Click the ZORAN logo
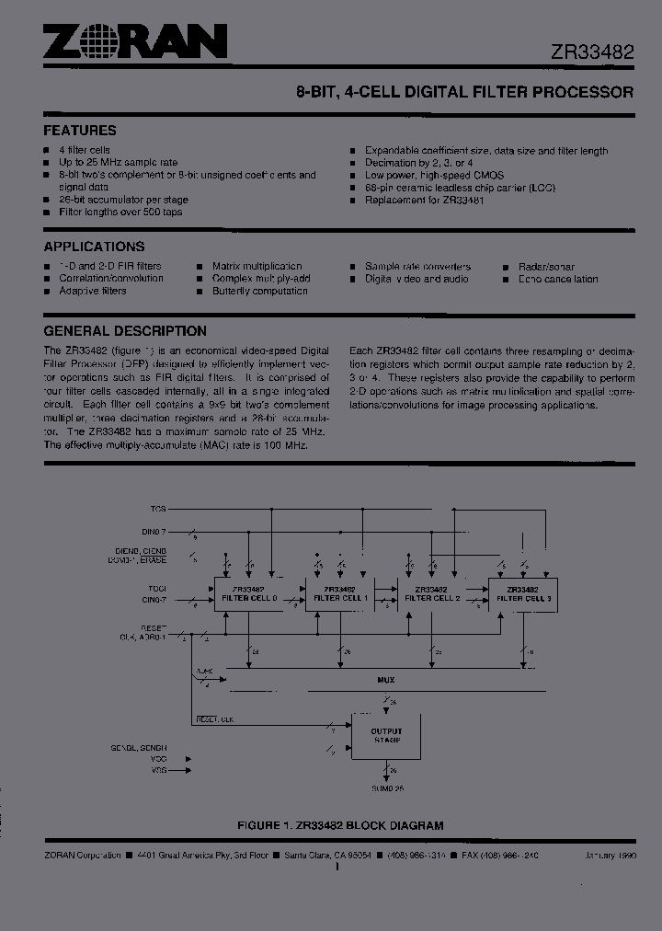[135, 41]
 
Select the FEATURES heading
[80, 131]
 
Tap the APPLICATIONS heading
[94, 247]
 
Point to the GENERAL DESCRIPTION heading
[125, 331]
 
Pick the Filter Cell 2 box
[431, 593]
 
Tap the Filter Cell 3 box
[522, 593]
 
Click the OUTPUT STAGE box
[386, 736]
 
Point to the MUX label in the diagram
[386, 681]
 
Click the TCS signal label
[158, 508]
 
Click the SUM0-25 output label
[386, 789]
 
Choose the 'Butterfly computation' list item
[260, 291]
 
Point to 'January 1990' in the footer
[609, 856]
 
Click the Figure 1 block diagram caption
[340, 826]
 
